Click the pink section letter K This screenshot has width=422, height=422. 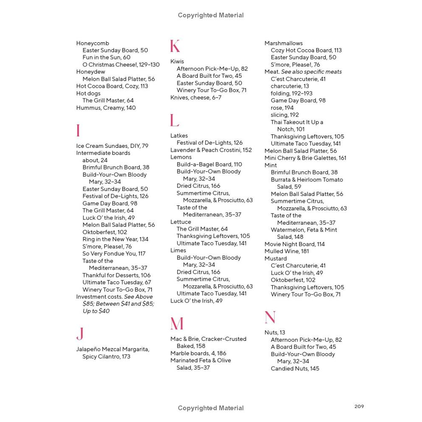[175, 46]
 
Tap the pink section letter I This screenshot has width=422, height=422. [78, 131]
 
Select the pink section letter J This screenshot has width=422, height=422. [80, 334]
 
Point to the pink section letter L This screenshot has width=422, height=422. [174, 120]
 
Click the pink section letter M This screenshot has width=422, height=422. [177, 324]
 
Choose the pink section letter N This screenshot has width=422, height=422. [270, 317]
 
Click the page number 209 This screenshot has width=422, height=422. [359, 406]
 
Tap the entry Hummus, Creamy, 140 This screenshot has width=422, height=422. [106, 108]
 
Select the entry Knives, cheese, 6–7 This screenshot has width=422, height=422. [196, 98]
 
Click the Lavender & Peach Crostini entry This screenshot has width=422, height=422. [211, 150]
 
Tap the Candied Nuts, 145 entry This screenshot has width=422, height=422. [295, 369]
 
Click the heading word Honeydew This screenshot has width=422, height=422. [90, 72]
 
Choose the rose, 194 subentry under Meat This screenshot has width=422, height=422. [282, 108]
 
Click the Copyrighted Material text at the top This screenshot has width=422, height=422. [211, 15]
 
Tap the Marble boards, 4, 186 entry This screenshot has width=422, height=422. [198, 353]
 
